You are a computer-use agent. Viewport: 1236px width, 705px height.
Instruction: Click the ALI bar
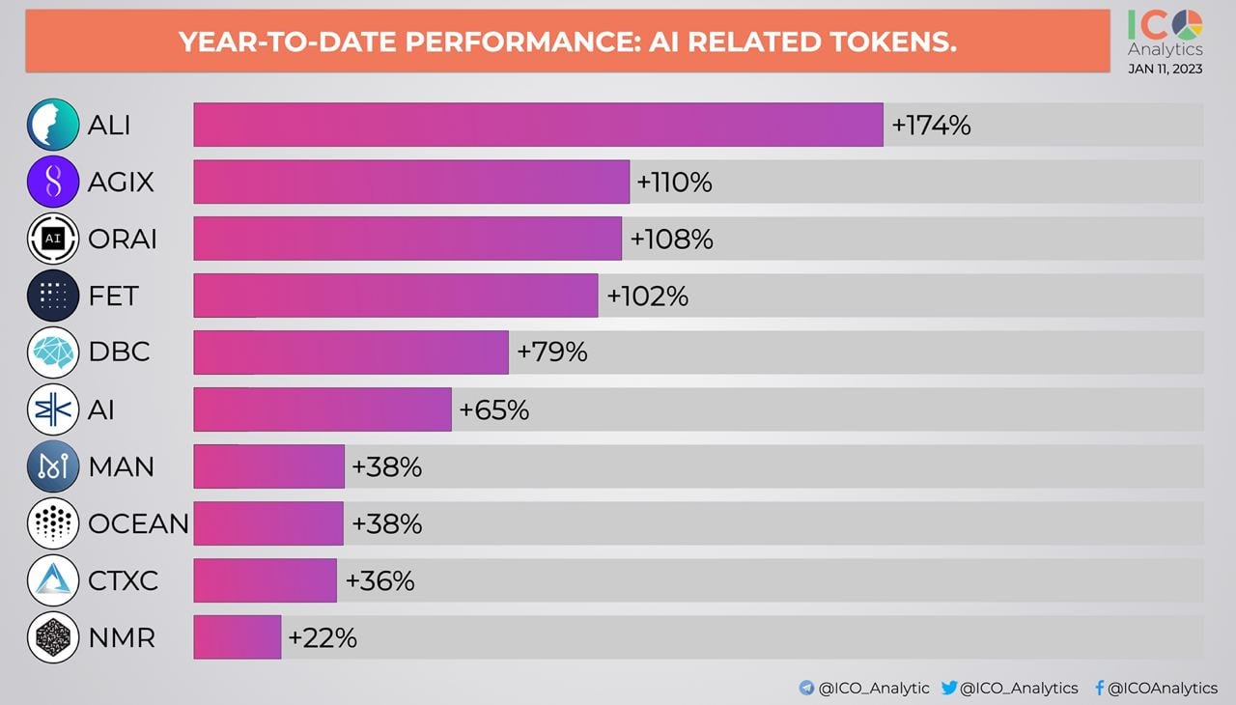click(538, 125)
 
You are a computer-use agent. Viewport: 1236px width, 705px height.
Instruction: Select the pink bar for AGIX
click(411, 182)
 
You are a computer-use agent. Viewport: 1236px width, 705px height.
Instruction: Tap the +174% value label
click(931, 126)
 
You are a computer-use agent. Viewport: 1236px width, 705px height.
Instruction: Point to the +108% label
click(671, 239)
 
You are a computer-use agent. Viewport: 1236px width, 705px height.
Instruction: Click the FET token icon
click(53, 296)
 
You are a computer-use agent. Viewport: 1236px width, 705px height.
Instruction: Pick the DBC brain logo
click(53, 352)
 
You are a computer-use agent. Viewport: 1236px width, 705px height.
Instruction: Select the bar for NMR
click(238, 637)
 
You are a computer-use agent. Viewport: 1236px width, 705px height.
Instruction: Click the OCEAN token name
click(138, 523)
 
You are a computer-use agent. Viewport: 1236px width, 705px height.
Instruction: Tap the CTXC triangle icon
click(53, 580)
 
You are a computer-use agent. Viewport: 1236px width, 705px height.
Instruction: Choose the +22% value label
click(323, 638)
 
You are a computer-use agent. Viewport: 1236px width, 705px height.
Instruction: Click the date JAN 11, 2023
click(1165, 69)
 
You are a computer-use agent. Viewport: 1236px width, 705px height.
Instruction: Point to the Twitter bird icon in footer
click(949, 688)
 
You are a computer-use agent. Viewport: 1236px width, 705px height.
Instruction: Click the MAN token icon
click(53, 466)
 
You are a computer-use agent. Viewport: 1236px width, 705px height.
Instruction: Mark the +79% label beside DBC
click(552, 352)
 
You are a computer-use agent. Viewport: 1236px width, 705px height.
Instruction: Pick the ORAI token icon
click(53, 239)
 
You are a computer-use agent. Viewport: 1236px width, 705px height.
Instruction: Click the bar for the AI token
click(323, 409)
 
